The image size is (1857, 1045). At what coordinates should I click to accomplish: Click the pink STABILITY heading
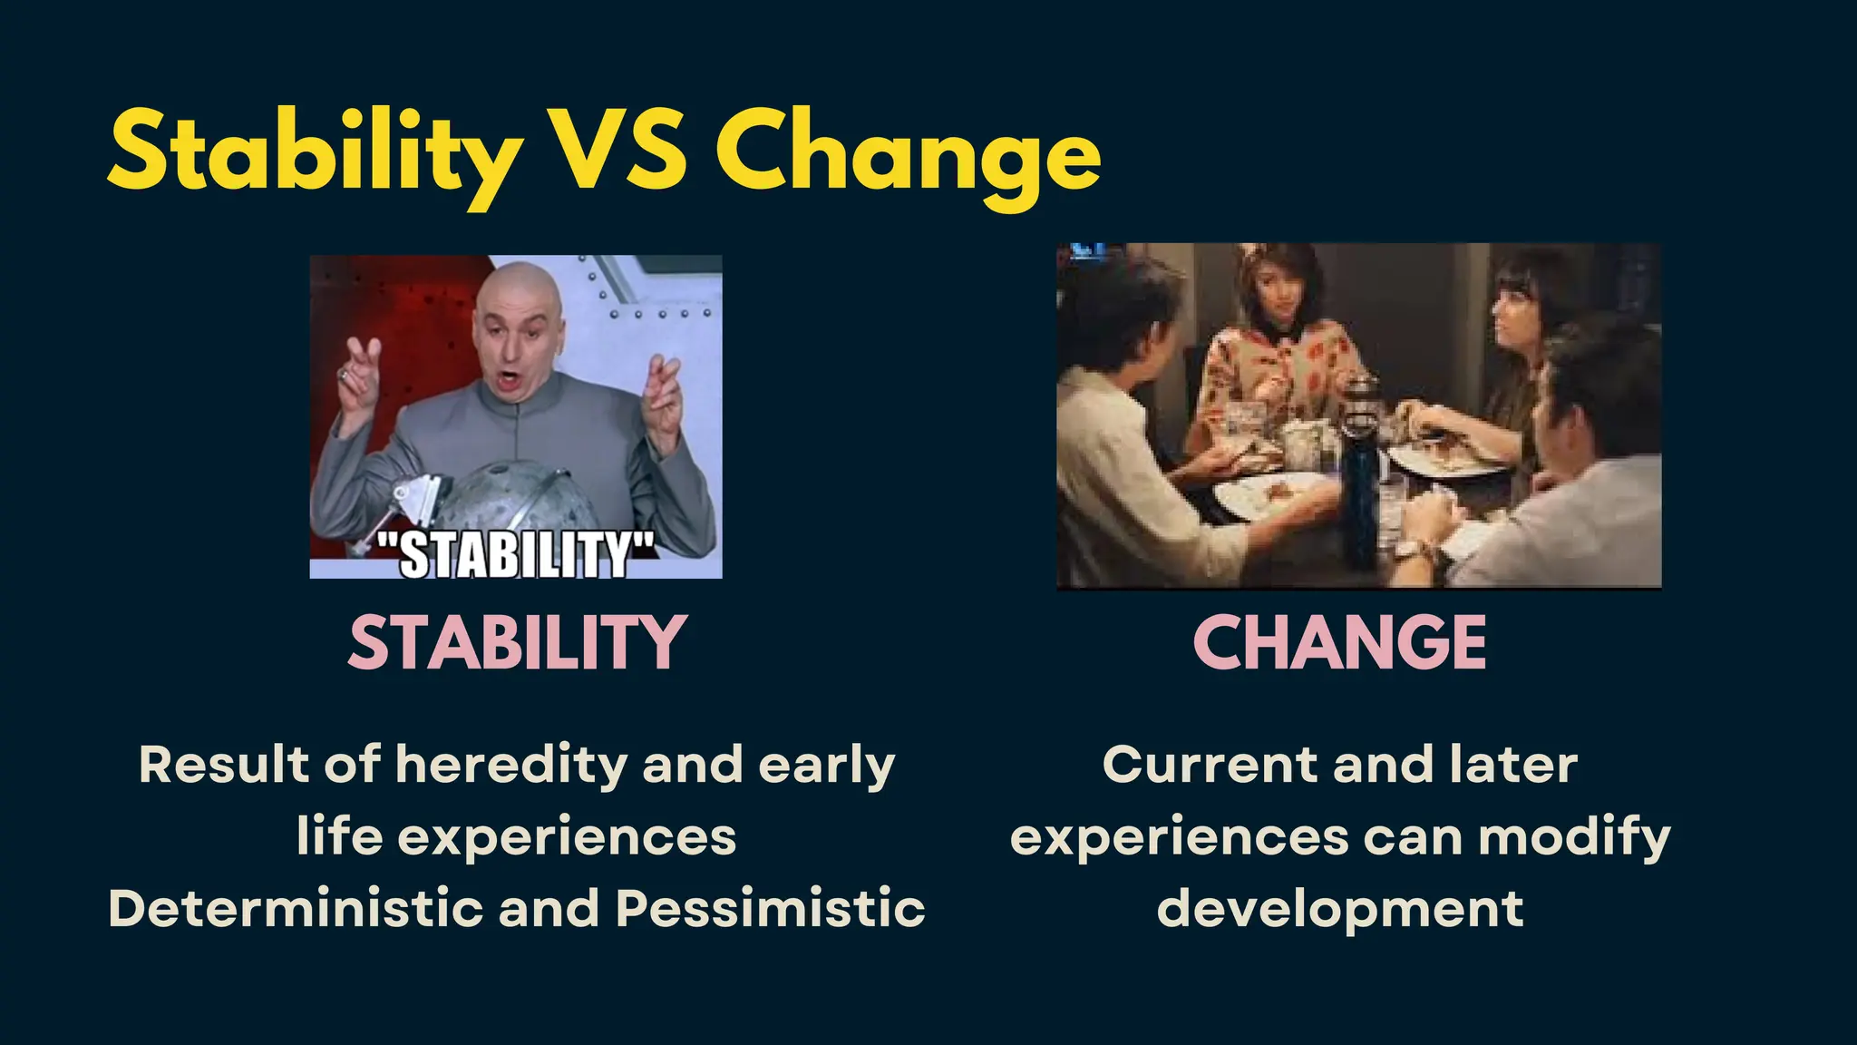tap(517, 642)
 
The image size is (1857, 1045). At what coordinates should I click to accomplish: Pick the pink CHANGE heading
tap(1340, 642)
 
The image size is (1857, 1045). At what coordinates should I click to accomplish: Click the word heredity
tap(511, 765)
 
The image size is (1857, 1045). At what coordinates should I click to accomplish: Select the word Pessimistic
tap(771, 908)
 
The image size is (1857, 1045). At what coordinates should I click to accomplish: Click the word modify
tap(1574, 836)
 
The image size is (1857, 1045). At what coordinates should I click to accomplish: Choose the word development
tap(1340, 908)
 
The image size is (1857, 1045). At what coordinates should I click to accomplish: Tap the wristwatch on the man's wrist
tap(1411, 548)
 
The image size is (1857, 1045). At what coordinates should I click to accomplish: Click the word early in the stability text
tap(826, 765)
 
